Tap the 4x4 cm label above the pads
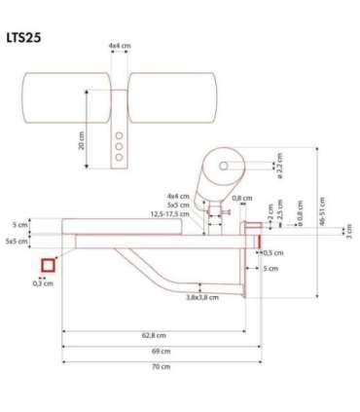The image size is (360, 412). click(x=120, y=45)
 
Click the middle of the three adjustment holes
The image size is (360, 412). click(x=119, y=145)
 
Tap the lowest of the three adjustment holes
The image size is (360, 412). click(x=119, y=156)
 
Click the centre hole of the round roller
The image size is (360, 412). click(x=225, y=166)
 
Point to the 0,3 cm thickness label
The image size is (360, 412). click(x=44, y=283)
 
